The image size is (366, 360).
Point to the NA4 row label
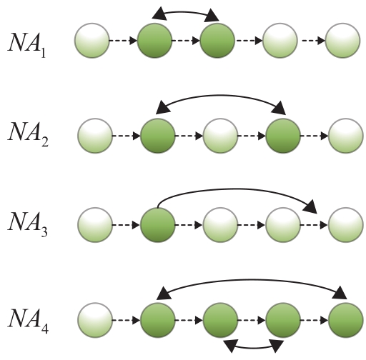(28, 320)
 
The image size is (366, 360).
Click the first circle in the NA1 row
(92, 41)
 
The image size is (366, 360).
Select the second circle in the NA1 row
(154, 41)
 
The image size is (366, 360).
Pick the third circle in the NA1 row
(217, 41)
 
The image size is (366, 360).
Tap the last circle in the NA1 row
(342, 41)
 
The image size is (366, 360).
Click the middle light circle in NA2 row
(220, 136)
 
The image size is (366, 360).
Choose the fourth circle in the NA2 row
(283, 136)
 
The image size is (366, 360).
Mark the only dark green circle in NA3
(158, 225)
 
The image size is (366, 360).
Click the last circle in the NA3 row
(346, 225)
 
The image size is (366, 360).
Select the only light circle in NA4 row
(95, 320)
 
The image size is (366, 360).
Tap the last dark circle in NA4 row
(346, 320)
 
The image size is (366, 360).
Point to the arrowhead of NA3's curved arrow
(310, 206)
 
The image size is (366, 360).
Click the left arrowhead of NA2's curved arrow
(163, 107)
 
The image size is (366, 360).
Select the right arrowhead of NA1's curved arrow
(212, 16)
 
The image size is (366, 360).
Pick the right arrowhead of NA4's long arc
(340, 292)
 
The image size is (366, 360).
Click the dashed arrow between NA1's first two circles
(124, 41)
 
